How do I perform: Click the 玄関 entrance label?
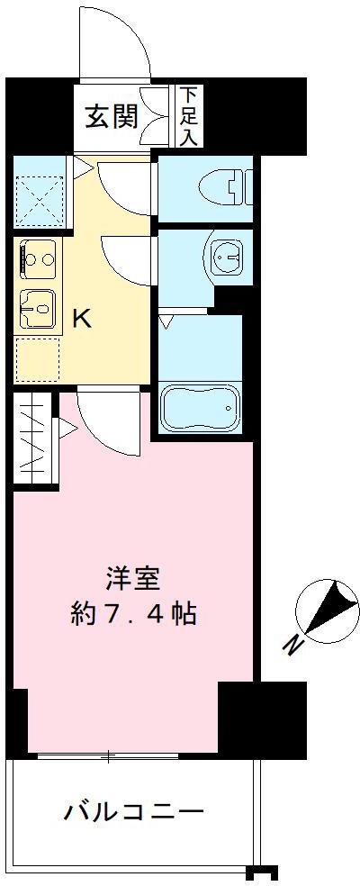tap(112, 117)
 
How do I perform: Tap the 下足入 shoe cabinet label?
tap(188, 115)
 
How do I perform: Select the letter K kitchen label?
tap(80, 319)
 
